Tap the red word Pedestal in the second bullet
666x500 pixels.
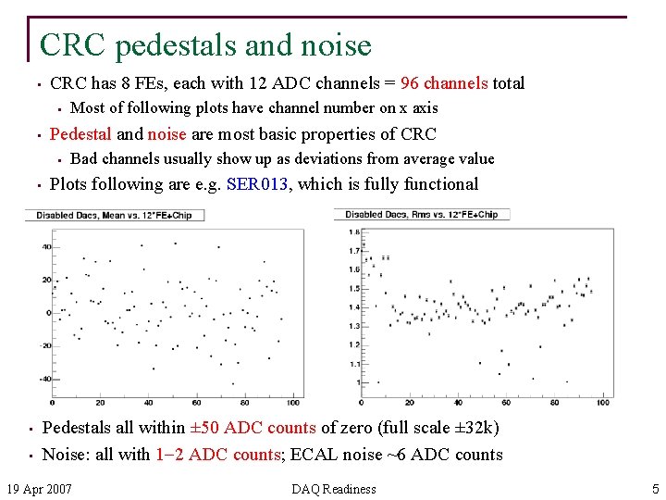[x=80, y=133]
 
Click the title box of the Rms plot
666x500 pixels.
[x=421, y=215]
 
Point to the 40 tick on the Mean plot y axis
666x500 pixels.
[x=46, y=246]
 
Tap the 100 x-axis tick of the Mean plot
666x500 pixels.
[x=293, y=403]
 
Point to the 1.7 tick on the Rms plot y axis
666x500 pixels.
[x=354, y=251]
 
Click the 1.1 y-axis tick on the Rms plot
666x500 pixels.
[x=354, y=364]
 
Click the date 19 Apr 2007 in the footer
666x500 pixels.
[x=40, y=488]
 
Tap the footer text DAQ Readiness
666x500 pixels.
[x=333, y=488]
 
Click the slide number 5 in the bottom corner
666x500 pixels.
[x=655, y=488]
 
